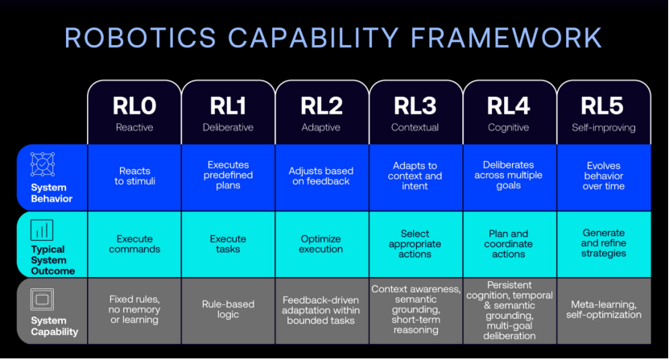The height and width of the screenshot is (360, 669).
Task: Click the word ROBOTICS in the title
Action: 140,38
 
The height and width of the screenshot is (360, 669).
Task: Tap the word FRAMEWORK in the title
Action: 506,38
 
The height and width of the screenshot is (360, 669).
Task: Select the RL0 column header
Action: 134,112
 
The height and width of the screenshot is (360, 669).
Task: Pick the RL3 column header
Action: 415,112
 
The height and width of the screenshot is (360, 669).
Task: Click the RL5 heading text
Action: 602,106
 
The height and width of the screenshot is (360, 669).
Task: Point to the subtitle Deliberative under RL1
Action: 228,127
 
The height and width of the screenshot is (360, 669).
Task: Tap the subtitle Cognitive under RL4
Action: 508,127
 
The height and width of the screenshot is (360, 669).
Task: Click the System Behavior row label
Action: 52,193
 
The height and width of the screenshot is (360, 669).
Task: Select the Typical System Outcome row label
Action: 52,260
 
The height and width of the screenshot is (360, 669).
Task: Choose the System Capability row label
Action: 54,326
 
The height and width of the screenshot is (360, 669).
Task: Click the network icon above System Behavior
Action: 43,164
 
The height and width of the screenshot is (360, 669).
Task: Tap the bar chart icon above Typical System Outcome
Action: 42,230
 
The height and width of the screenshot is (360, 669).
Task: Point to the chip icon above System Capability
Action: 42,300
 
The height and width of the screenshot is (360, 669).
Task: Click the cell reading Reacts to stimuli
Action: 134,178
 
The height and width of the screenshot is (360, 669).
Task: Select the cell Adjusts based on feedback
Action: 322,178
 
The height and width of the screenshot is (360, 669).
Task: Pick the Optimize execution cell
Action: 322,244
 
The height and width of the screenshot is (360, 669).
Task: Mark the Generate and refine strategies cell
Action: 604,244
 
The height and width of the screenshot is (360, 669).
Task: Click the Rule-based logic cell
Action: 228,311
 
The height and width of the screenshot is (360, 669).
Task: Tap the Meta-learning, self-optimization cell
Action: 604,311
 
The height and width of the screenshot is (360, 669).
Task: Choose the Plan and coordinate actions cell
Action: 509,244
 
